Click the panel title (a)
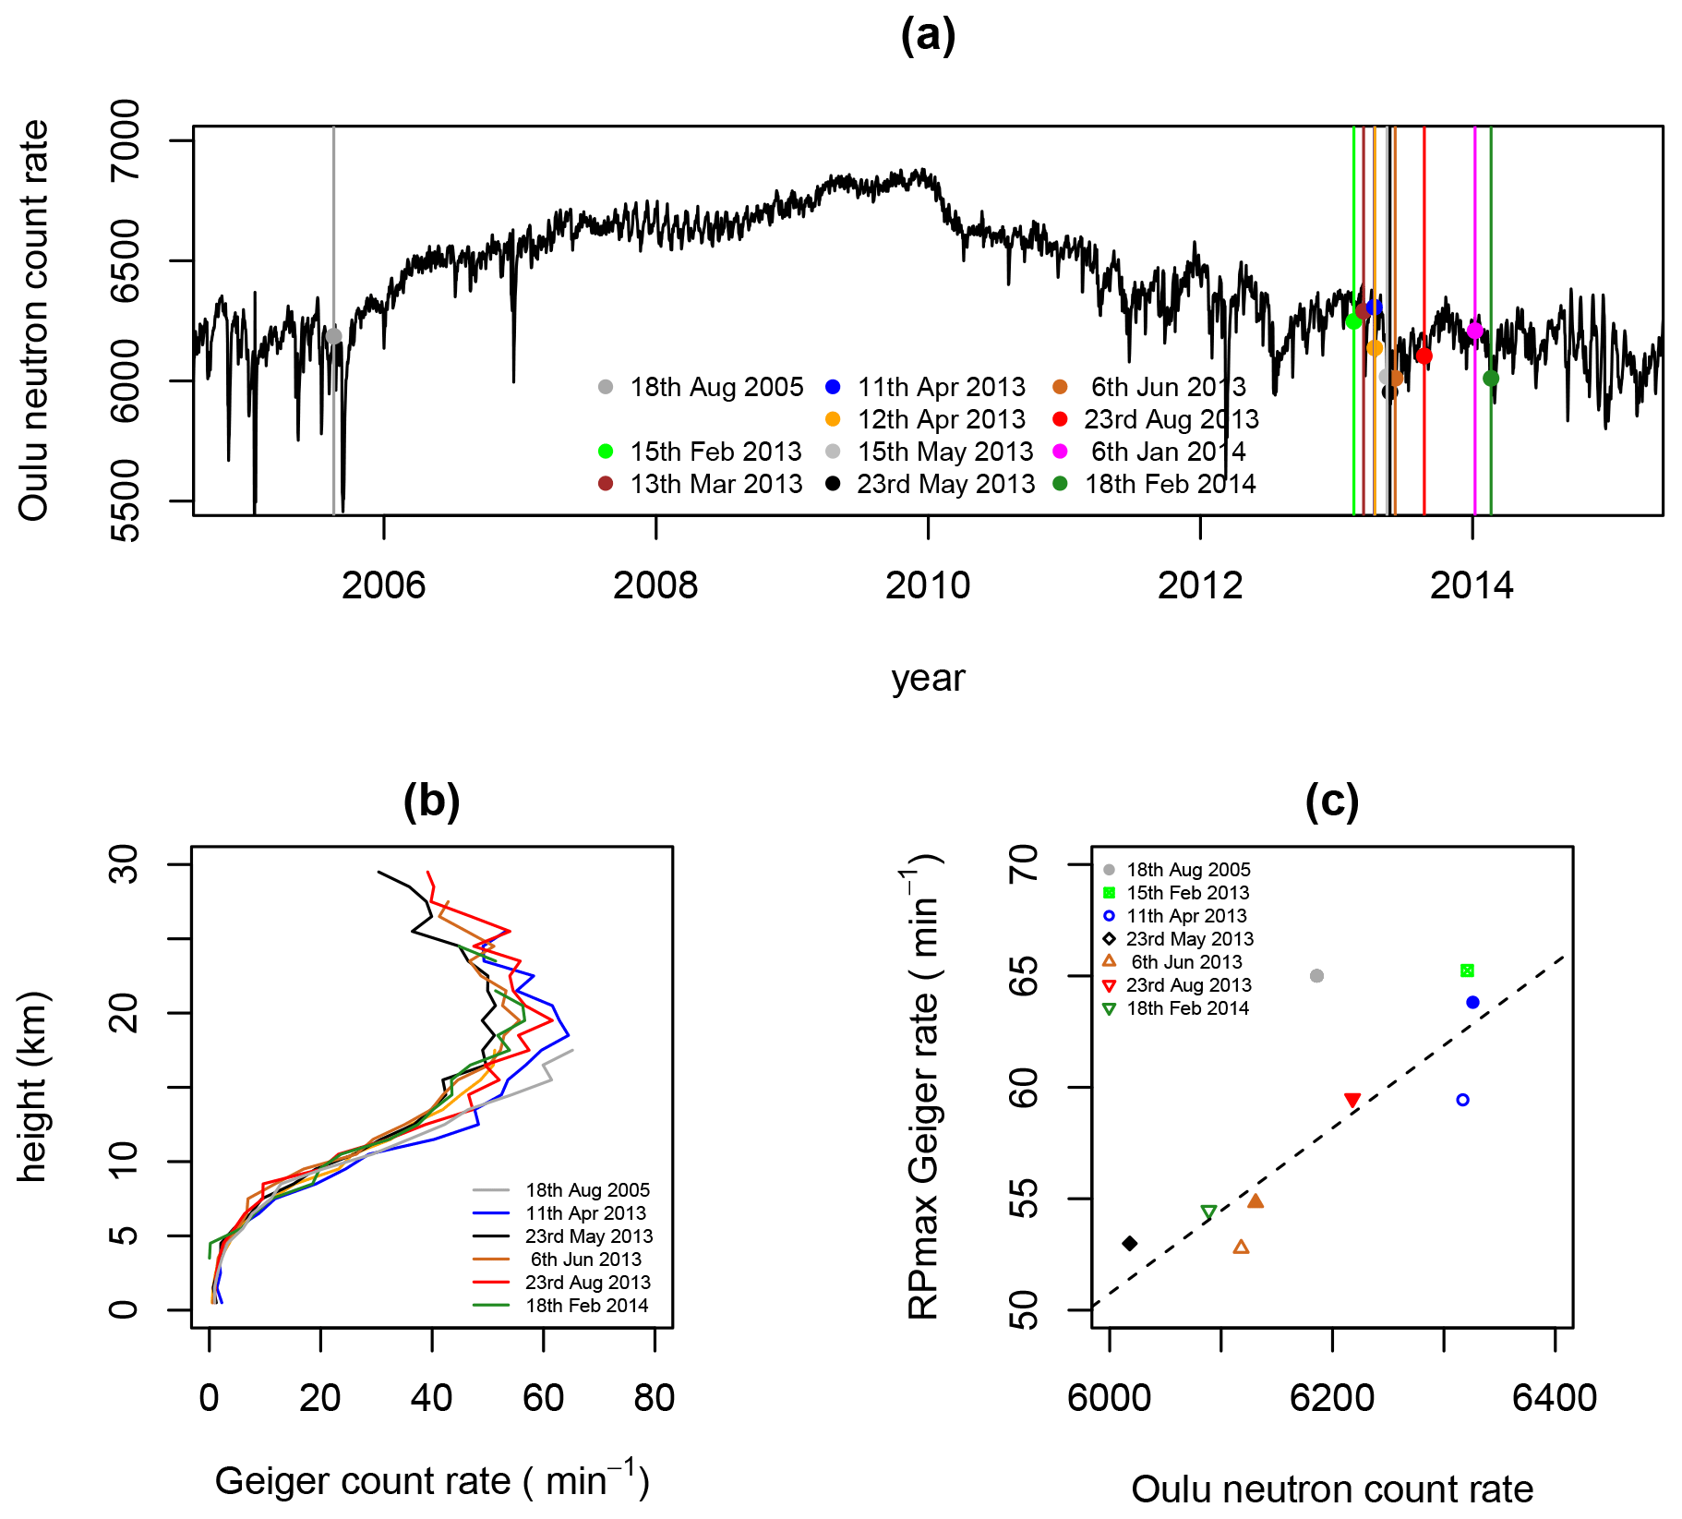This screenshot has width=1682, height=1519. [x=928, y=37]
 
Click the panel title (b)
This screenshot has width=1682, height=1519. [x=431, y=802]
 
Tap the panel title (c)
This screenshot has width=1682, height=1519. [x=1331, y=802]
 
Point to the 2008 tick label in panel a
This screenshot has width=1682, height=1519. [x=655, y=585]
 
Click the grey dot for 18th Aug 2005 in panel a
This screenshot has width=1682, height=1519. [x=334, y=337]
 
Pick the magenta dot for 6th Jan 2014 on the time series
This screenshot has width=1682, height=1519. [x=1474, y=331]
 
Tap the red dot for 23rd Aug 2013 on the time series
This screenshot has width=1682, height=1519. [x=1424, y=356]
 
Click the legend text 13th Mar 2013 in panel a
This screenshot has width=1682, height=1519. [x=715, y=484]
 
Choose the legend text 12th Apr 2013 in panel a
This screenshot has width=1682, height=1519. [x=941, y=419]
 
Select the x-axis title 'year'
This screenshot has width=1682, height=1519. [x=928, y=679]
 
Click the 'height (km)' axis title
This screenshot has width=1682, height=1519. [x=32, y=1086]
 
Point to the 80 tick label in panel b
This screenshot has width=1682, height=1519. [x=655, y=1398]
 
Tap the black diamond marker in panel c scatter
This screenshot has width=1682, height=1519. [x=1129, y=1244]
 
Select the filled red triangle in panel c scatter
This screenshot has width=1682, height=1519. [x=1352, y=1100]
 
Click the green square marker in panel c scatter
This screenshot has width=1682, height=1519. [x=1467, y=970]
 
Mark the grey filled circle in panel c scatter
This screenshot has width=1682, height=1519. [x=1317, y=976]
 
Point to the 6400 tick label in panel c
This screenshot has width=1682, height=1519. [x=1555, y=1398]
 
